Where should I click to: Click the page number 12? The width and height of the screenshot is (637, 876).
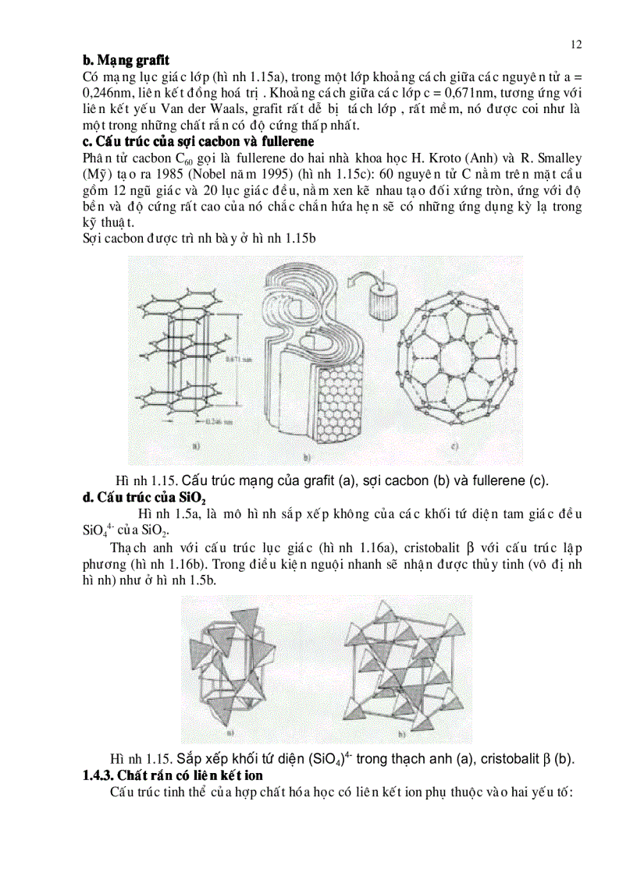coord(576,44)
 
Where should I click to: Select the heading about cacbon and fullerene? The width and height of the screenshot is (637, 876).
coord(198,141)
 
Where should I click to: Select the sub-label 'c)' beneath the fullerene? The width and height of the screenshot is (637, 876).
coord(454,448)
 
